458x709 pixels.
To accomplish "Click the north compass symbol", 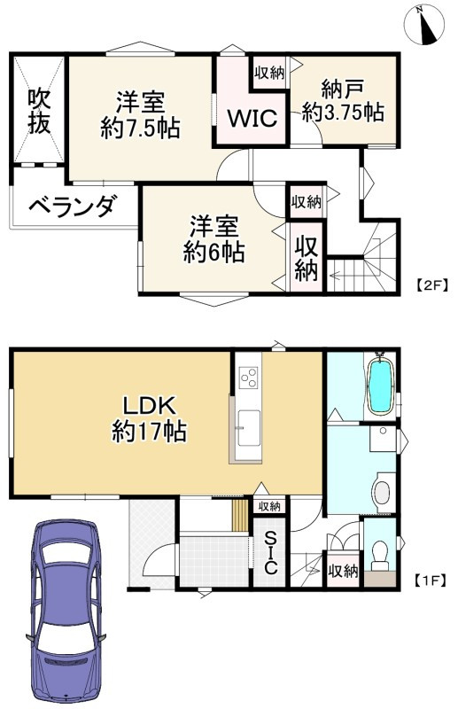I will tap(424, 25).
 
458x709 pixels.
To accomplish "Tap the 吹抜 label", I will tap(38, 111).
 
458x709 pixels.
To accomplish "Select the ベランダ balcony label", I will tap(71, 207).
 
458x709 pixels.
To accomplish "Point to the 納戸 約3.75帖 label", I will tap(342, 101).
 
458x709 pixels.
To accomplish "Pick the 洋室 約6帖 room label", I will tap(213, 239).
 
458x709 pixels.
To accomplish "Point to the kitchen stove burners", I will tap(248, 377).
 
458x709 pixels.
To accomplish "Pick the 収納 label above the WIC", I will tap(268, 73).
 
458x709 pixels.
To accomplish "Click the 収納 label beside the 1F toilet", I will tap(343, 570).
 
